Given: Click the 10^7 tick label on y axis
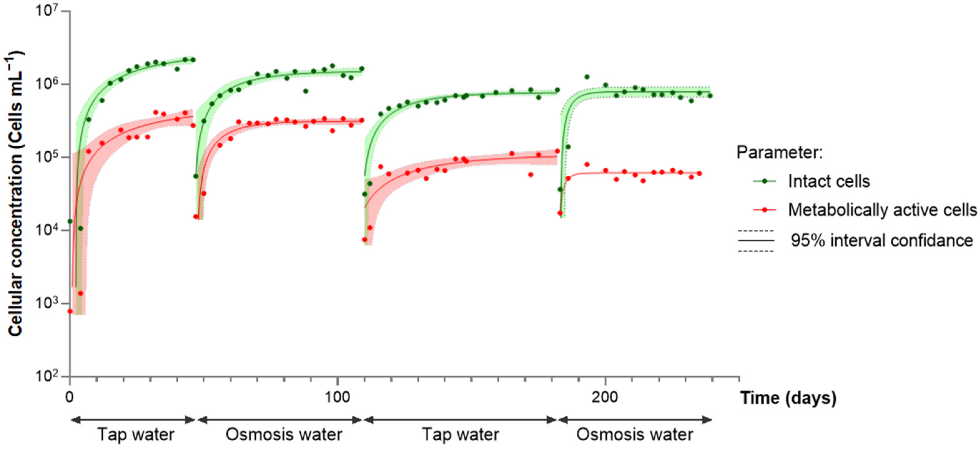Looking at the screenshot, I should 49,11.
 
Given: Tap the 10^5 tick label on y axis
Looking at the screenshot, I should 49,157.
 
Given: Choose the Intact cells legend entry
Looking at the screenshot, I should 829,181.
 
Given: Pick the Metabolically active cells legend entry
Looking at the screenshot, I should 882,210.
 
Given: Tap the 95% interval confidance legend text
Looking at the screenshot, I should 881,240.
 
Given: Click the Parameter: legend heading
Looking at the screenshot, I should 780,152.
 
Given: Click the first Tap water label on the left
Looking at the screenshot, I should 136,434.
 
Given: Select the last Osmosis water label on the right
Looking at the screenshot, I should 635,434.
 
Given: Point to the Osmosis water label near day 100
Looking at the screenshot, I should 284,434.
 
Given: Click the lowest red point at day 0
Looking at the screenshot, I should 70,311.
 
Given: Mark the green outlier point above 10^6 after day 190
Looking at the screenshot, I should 587,77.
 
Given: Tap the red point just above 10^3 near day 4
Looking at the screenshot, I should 80,293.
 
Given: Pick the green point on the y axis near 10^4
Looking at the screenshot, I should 70,221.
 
